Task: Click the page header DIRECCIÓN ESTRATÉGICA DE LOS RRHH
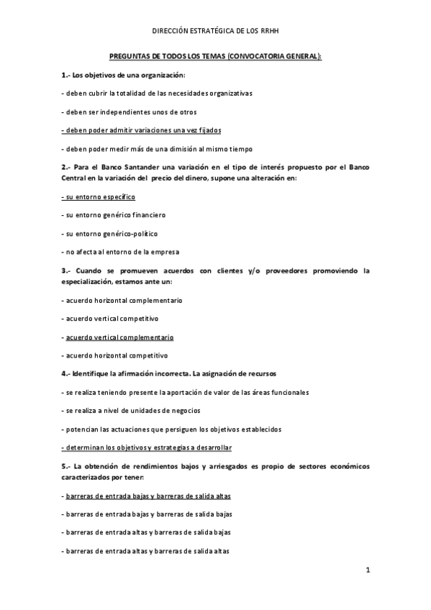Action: (215, 32)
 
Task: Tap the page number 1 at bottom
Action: (367, 571)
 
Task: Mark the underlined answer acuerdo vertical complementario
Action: (117, 337)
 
